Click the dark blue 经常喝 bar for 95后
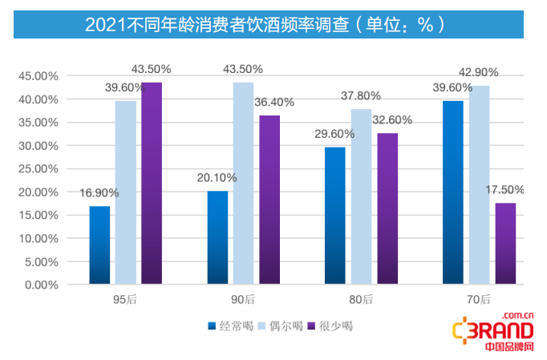coord(99,245)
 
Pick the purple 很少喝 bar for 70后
coord(505,244)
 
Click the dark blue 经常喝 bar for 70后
coord(452,192)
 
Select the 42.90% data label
coord(480,72)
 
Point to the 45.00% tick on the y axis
coord(38,76)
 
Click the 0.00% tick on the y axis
coord(42,285)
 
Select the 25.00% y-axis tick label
coord(38,169)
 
